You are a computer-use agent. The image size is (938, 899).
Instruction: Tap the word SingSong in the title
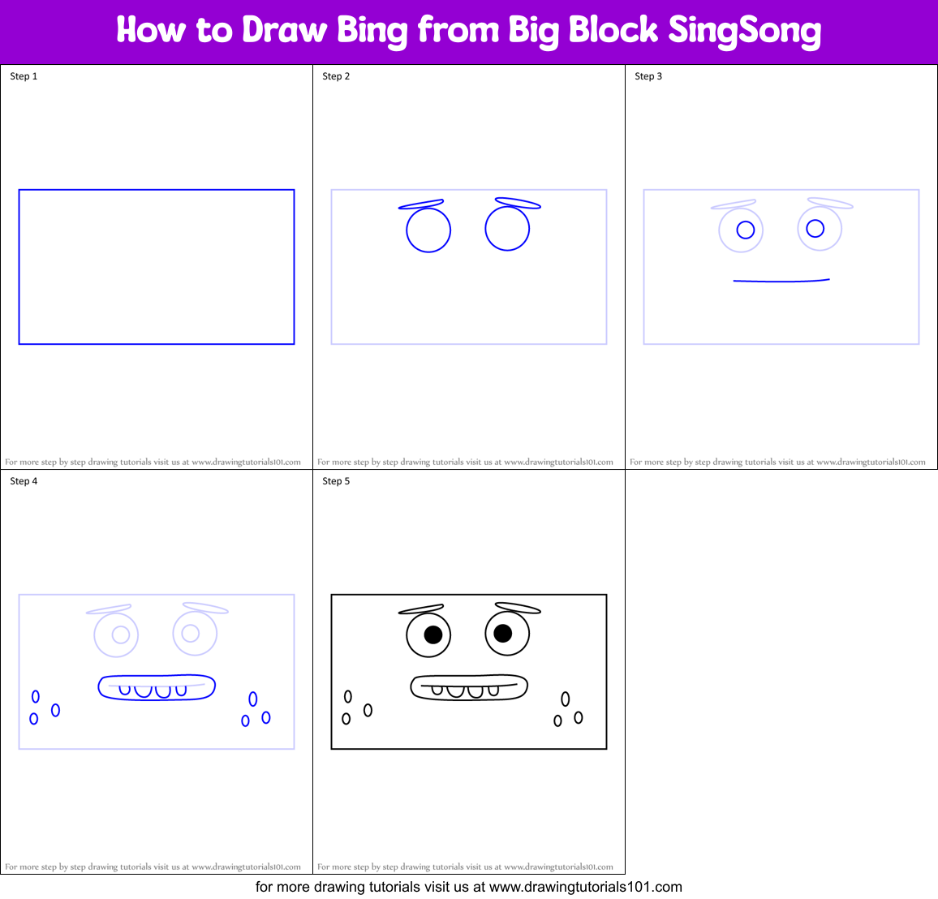pos(744,31)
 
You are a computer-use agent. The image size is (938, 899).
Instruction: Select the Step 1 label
pos(24,76)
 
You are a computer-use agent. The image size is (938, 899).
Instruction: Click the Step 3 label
pos(648,76)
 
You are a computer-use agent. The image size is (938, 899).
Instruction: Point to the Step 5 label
pos(336,481)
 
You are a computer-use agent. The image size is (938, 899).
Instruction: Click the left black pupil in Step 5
pos(433,634)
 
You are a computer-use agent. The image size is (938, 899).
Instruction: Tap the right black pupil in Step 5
pos(503,633)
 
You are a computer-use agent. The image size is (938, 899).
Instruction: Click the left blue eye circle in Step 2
pos(428,230)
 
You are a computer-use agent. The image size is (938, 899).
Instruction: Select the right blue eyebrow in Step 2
pos(518,203)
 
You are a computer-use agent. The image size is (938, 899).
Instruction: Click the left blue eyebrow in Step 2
pos(421,204)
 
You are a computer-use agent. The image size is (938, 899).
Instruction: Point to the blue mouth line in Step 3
pos(781,281)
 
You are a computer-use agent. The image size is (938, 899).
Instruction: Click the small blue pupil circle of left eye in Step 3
pos(746,230)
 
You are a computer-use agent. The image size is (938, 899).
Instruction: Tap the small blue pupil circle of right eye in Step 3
pos(815,228)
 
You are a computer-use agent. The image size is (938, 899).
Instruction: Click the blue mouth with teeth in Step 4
pos(157,687)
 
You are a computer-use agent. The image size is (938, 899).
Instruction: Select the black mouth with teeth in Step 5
pos(469,687)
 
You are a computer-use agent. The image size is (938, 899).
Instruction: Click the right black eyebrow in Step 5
pos(518,608)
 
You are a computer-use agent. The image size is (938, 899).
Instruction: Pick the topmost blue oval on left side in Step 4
pos(36,696)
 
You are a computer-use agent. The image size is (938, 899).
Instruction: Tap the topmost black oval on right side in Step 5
pos(566,699)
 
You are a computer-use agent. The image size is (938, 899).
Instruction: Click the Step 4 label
pos(24,481)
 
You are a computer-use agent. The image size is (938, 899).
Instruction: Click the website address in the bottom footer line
pos(586,887)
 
